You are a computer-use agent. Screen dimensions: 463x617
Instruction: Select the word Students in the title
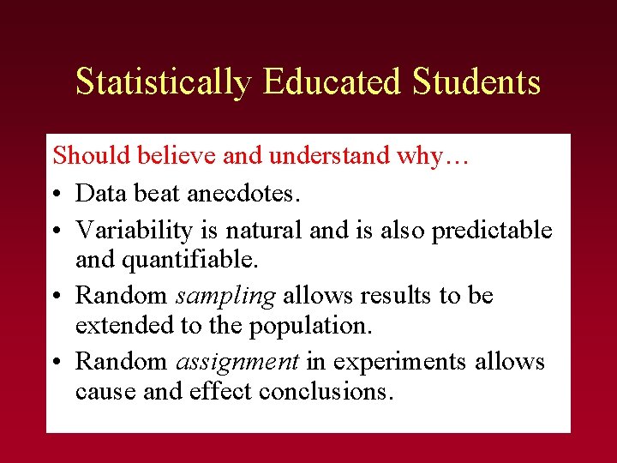click(476, 82)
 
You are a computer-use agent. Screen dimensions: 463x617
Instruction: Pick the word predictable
click(492, 231)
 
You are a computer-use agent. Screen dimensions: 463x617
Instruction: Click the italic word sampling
click(225, 296)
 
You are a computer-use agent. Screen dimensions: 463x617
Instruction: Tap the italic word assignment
click(237, 362)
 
